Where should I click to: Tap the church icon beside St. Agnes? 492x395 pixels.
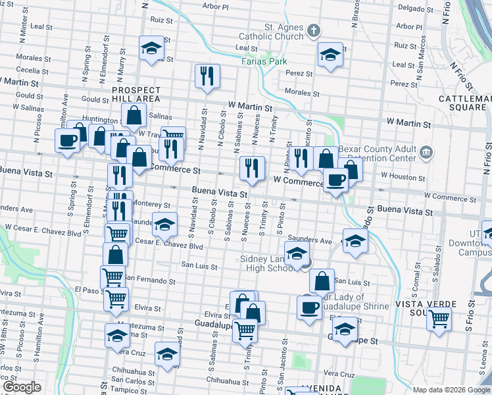(x=314, y=30)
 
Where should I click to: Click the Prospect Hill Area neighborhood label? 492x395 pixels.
(x=135, y=93)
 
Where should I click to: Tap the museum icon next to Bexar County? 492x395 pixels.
(x=428, y=153)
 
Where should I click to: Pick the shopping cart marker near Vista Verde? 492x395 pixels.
(x=439, y=319)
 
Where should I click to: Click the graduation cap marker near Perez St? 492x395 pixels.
(x=330, y=55)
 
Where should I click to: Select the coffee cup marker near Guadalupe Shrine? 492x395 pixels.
(x=309, y=307)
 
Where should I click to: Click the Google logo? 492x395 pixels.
(x=22, y=387)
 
